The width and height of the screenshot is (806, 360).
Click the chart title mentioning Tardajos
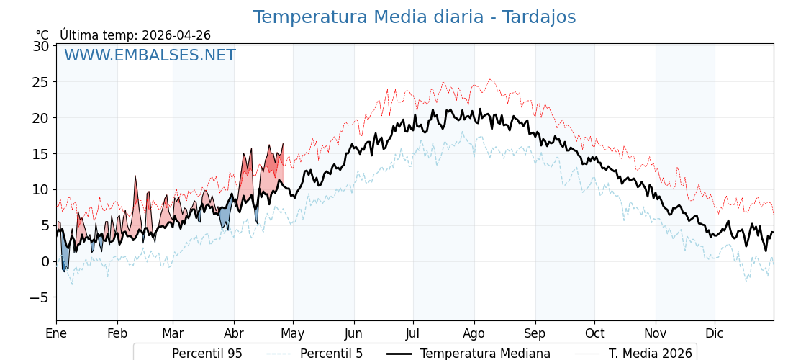pyautogui.click(x=414, y=17)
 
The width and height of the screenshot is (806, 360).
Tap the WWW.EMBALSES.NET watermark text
pyautogui.click(x=150, y=55)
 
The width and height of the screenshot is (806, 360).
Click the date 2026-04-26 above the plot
pyautogui.click(x=176, y=35)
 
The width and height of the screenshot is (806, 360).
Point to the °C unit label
pyautogui.click(x=42, y=35)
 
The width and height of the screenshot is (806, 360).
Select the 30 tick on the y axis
pyautogui.click(x=41, y=46)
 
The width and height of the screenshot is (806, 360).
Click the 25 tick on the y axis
pyautogui.click(x=41, y=82)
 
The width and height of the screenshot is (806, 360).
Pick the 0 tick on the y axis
pyautogui.click(x=45, y=261)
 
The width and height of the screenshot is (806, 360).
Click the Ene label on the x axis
pyautogui.click(x=56, y=333)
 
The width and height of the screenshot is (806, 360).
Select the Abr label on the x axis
pyautogui.click(x=234, y=333)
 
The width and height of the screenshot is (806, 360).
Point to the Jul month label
pyautogui.click(x=413, y=333)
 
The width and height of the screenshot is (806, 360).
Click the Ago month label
pyautogui.click(x=474, y=333)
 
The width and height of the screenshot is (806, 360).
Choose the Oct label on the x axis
pyautogui.click(x=594, y=333)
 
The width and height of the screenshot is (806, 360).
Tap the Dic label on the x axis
pyautogui.click(x=715, y=333)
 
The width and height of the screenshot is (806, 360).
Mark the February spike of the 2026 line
pyautogui.click(x=135, y=177)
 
